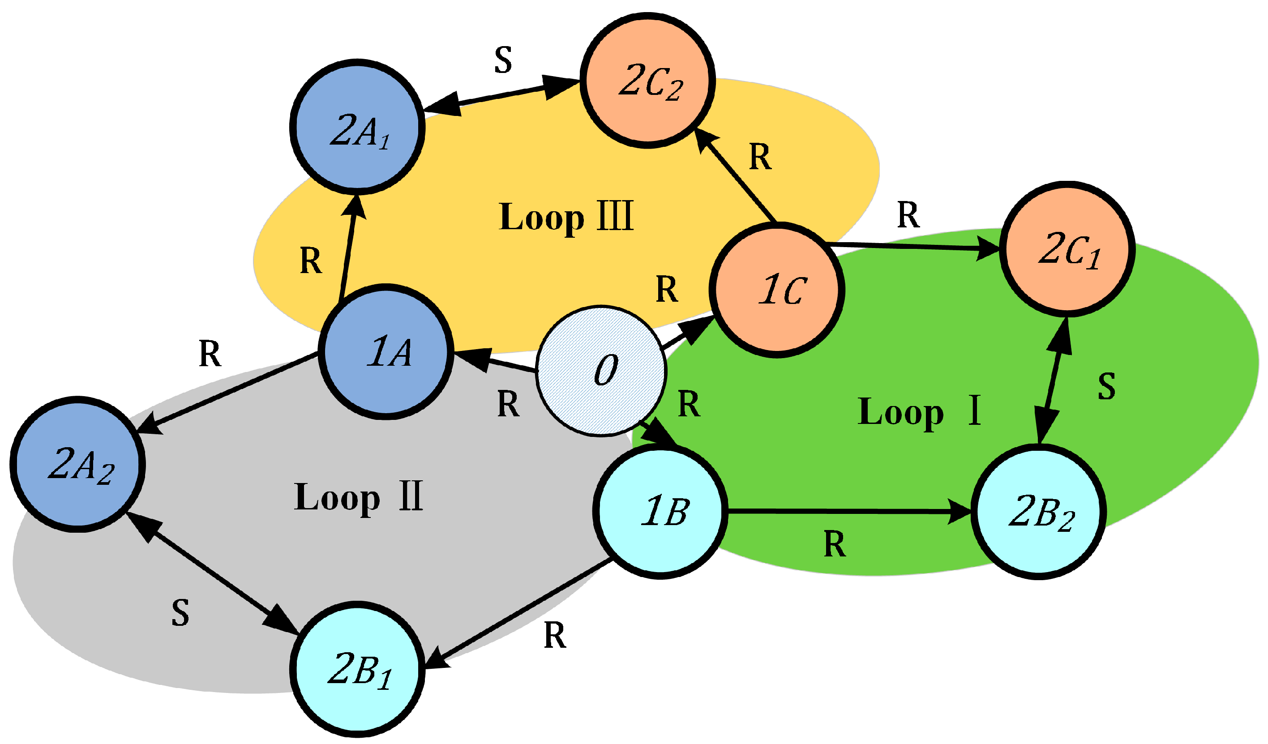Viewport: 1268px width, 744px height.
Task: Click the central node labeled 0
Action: [601, 371]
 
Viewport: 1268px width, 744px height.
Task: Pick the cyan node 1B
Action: [661, 512]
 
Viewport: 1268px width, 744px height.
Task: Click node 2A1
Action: [358, 127]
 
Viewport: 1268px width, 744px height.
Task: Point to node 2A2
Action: [78, 464]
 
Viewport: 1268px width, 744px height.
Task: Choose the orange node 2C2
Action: [647, 81]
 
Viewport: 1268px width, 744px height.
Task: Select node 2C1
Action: [1067, 249]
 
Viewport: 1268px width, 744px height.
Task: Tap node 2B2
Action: [1039, 512]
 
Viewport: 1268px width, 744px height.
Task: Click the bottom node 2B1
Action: [358, 669]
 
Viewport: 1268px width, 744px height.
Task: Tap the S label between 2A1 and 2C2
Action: [503, 60]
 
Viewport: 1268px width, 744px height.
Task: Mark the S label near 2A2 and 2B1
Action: [180, 613]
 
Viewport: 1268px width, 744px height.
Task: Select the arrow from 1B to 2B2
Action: [845, 512]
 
